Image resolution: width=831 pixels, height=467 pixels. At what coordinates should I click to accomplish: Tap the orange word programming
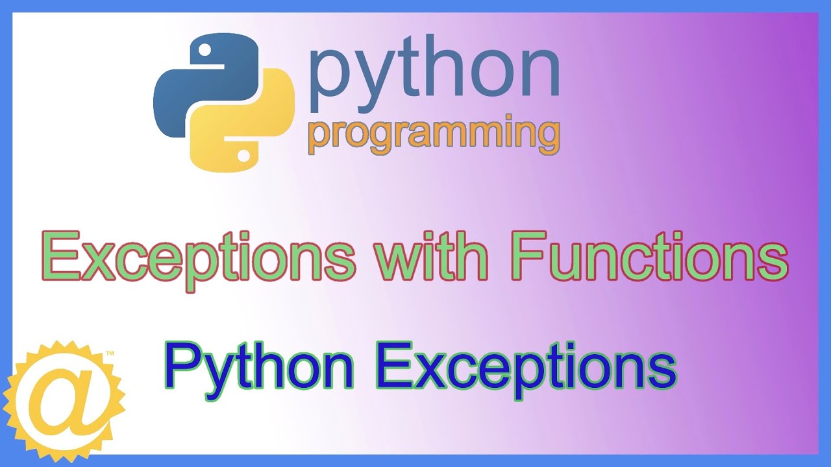[x=434, y=135]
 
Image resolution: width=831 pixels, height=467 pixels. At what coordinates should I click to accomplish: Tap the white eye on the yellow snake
[x=243, y=156]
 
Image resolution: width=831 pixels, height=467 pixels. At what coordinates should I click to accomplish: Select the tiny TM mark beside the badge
[x=110, y=354]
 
